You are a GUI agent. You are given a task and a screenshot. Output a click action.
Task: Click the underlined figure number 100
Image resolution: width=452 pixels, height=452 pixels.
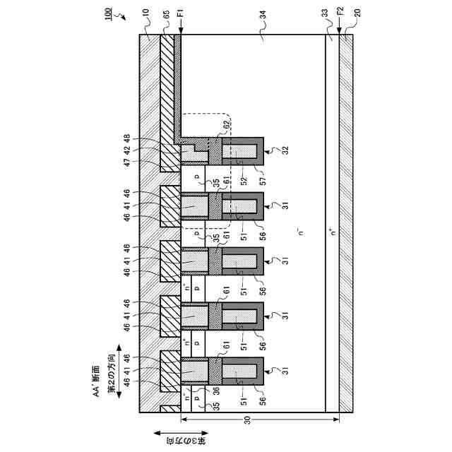[x=114, y=15]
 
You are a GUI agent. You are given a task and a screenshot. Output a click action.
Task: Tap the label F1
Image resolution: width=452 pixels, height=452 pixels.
[x=182, y=13]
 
